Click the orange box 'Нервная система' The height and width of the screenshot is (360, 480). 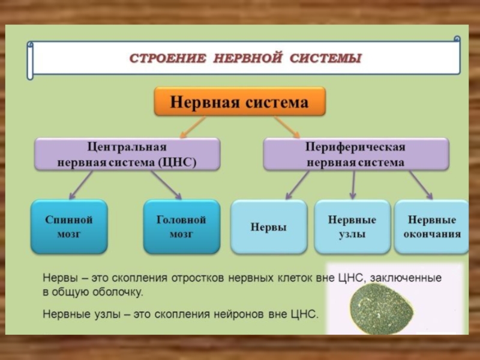point(240,102)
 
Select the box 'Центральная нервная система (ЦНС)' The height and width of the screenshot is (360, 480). point(127,154)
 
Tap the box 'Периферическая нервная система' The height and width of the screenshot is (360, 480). point(356,154)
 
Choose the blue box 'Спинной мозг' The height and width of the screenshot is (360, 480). point(69,227)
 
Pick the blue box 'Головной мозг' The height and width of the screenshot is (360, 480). point(181,227)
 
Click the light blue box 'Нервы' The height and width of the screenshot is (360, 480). point(268,227)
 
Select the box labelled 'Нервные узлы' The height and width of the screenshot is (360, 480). point(352,227)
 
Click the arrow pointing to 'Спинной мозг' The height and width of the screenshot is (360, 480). point(81,185)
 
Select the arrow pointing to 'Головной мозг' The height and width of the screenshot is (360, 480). point(166,185)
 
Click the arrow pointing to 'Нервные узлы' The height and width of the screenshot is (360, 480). point(353,185)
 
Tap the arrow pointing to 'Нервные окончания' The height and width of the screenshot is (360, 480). point(421,185)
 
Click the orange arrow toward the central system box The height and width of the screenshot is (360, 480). point(192,127)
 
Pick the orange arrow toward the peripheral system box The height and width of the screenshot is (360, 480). point(287,127)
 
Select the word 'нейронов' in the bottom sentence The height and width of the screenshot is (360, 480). point(247,314)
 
